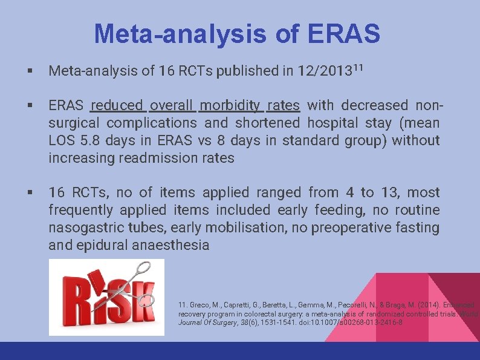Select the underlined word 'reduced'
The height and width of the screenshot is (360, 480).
click(x=117, y=106)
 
